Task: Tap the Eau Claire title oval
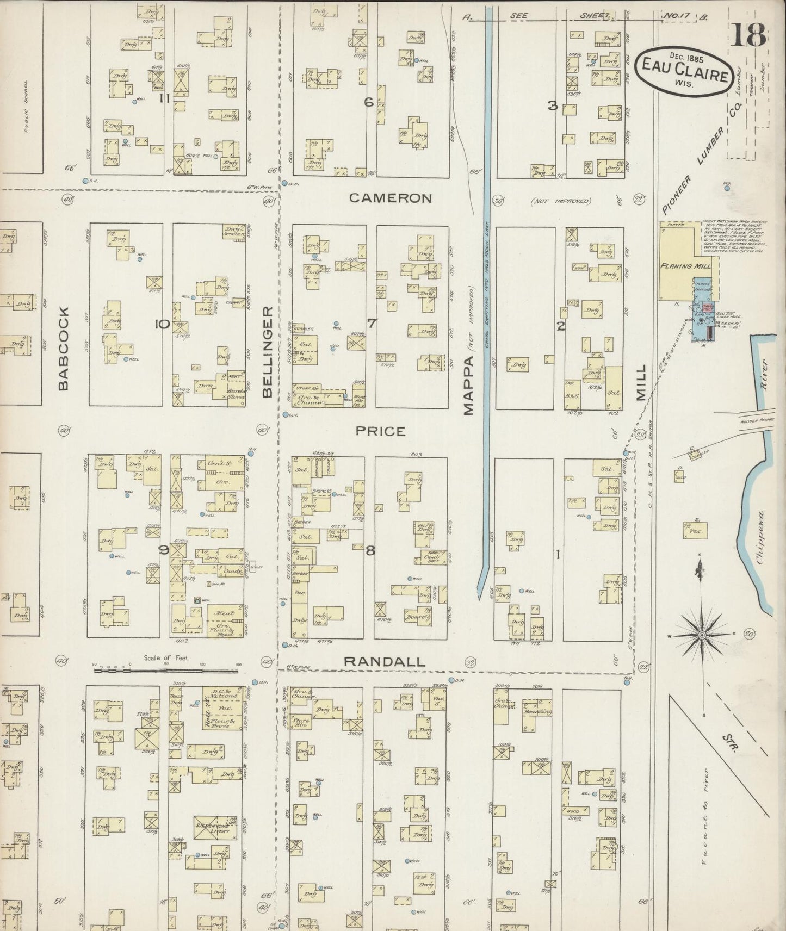click(684, 74)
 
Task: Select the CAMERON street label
click(390, 198)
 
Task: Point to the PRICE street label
click(380, 431)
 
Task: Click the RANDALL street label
click(385, 662)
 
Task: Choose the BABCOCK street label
click(64, 348)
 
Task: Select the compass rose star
click(702, 635)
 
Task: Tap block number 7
click(371, 324)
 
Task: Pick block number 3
click(553, 106)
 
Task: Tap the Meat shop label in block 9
click(225, 613)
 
